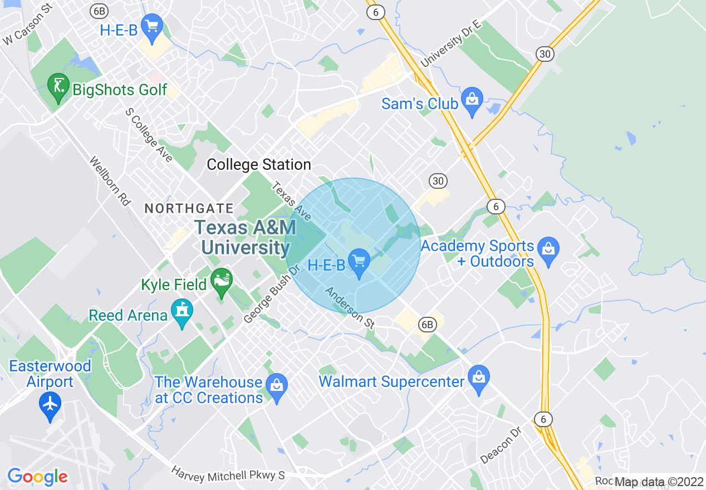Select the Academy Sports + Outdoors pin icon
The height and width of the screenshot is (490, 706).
pyautogui.click(x=549, y=251)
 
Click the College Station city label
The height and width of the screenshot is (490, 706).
pyautogui.click(x=259, y=165)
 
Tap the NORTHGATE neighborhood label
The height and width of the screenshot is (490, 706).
pyautogui.click(x=189, y=209)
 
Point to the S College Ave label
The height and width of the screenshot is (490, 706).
pyautogui.click(x=149, y=135)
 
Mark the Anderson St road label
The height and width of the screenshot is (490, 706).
pyautogui.click(x=350, y=308)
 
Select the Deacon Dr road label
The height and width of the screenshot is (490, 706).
pyautogui.click(x=501, y=445)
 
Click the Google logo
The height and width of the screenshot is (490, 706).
pyautogui.click(x=37, y=477)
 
